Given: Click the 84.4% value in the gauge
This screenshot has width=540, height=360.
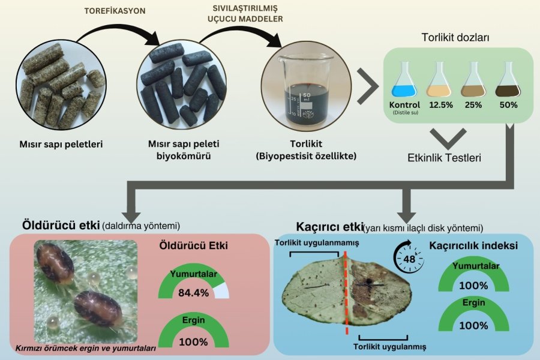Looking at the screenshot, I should pyautogui.click(x=193, y=293).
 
